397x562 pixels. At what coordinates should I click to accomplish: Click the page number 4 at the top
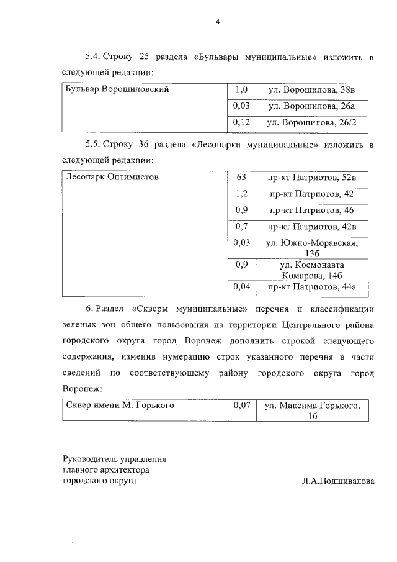tap(218, 22)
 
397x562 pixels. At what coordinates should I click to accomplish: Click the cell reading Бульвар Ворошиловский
tap(117, 89)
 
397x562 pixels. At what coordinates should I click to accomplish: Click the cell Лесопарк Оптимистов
tap(112, 178)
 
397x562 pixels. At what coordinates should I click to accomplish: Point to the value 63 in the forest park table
tap(241, 178)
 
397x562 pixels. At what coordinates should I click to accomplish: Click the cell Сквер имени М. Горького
tap(120, 406)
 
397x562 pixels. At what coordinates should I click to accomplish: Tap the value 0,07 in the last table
tap(241, 406)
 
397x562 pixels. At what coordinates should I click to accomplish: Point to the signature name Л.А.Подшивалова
tap(339, 481)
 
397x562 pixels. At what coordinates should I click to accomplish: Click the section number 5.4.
tap(94, 58)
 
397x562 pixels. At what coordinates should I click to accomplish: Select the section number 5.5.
tap(94, 145)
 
